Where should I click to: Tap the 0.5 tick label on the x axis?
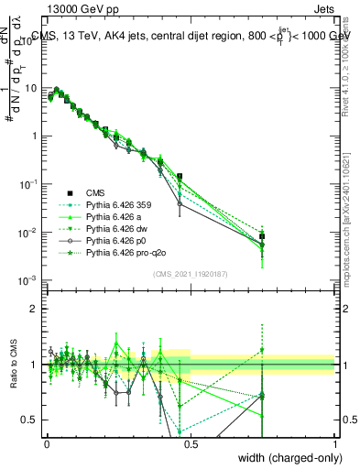pos(190,444)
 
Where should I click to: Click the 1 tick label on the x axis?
pos(334,444)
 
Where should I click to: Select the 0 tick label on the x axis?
pos(46,444)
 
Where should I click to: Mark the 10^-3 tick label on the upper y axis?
pos(28,280)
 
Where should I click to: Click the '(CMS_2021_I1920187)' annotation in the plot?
pos(190,274)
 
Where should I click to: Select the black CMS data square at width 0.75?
pos(262,236)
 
